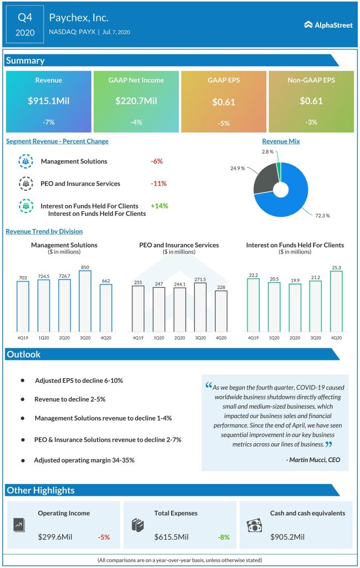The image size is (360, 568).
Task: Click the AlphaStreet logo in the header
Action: point(328,24)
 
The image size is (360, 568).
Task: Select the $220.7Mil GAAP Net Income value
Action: point(136,101)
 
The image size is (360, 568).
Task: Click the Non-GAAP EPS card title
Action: point(311,80)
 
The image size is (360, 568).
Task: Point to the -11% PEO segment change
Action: point(159,184)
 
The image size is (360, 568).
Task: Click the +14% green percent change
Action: point(159,206)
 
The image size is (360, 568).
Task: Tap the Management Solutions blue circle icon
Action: point(26,161)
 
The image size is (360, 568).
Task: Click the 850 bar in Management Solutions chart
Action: point(85,300)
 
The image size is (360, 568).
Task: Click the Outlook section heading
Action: point(24,354)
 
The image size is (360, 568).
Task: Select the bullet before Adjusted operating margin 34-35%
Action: point(23,460)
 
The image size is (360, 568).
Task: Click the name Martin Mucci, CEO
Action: point(313,459)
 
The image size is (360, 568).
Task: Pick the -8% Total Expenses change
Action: point(223,537)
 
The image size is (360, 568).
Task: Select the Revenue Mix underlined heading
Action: point(281,141)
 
